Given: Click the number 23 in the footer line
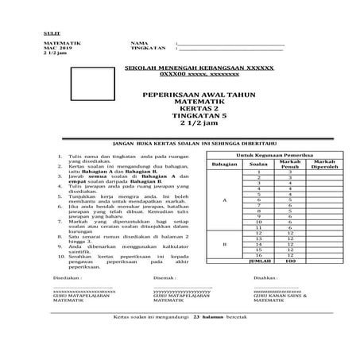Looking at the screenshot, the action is click(196, 339).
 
